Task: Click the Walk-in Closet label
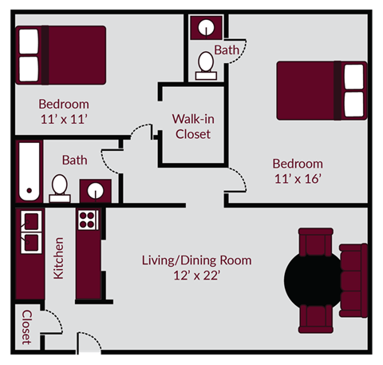[191, 126]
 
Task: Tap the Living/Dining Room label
[196, 260]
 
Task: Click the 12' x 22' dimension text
[196, 276]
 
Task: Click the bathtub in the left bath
[29, 172]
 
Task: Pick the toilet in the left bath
[59, 186]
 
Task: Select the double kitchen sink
[31, 231]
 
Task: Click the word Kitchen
[58, 257]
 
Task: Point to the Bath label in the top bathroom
[227, 50]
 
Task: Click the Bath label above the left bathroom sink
[75, 160]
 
